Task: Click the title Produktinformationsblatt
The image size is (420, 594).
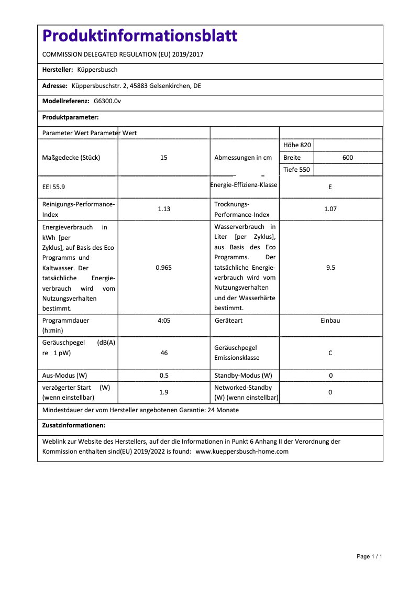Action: pos(140,36)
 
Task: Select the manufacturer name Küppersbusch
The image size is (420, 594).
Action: pos(97,70)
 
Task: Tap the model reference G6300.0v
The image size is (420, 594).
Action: pos(107,101)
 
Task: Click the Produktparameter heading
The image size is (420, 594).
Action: pos(70,117)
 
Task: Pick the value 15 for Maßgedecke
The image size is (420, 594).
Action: pos(164,158)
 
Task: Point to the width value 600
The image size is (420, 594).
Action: pos(348,158)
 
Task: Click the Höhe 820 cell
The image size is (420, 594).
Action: pos(297,145)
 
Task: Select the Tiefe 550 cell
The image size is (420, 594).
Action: pos(296,170)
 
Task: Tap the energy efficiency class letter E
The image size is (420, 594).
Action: pos(330,187)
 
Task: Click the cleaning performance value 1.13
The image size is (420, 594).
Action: pos(164,209)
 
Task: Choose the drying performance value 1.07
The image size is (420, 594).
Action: pos(330,209)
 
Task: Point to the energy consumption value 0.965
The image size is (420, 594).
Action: pos(164,268)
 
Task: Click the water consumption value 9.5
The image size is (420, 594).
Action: pos(330,268)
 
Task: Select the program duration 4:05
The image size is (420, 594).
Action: pos(164,320)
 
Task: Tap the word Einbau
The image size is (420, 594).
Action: pos(330,320)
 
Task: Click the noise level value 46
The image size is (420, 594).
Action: pos(164,353)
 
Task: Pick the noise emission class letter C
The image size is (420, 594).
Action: pos(330,353)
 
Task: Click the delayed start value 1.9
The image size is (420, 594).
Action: pos(164,392)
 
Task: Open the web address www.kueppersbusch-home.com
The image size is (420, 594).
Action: pos(242,452)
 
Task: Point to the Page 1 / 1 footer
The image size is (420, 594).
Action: pos(369,556)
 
